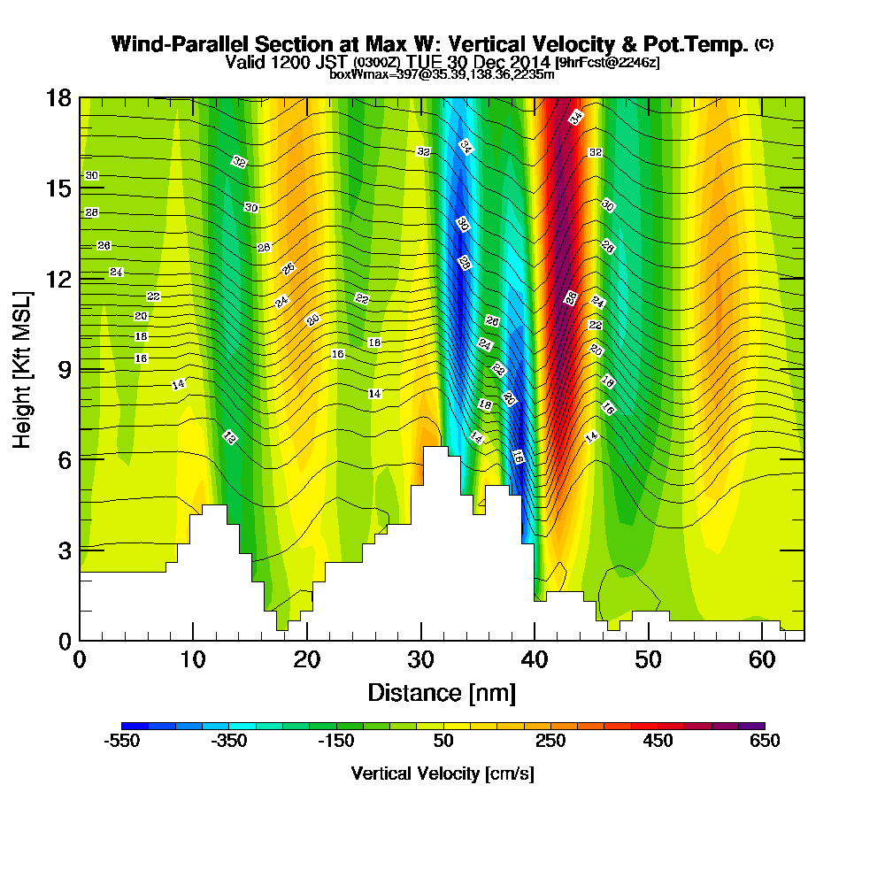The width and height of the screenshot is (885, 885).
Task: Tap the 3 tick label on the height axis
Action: click(x=62, y=550)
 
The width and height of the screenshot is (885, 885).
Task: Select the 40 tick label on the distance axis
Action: click(x=535, y=659)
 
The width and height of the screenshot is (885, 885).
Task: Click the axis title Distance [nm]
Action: click(x=442, y=692)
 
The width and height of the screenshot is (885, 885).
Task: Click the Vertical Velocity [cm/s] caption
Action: click(x=442, y=773)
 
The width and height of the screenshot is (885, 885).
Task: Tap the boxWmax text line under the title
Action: click(x=442, y=74)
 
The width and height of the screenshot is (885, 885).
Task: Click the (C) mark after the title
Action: click(x=764, y=44)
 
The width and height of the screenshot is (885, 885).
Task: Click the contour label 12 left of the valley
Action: click(x=229, y=437)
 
